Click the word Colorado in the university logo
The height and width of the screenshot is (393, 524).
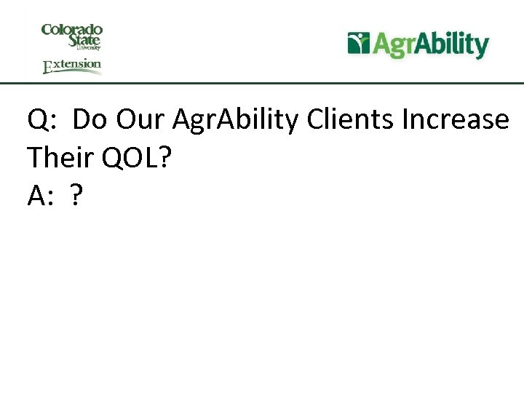72,30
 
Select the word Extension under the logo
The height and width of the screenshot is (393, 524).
72,65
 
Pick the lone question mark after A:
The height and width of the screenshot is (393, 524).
76,195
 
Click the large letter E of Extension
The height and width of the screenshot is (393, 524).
48,68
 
